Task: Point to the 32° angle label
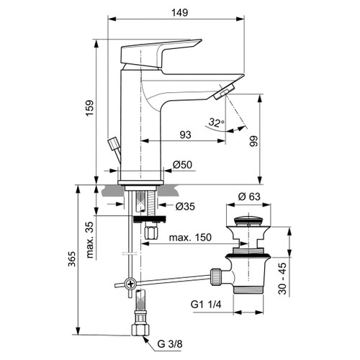point(215,124)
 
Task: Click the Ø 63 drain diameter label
point(250,196)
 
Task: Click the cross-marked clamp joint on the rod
point(129,283)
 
